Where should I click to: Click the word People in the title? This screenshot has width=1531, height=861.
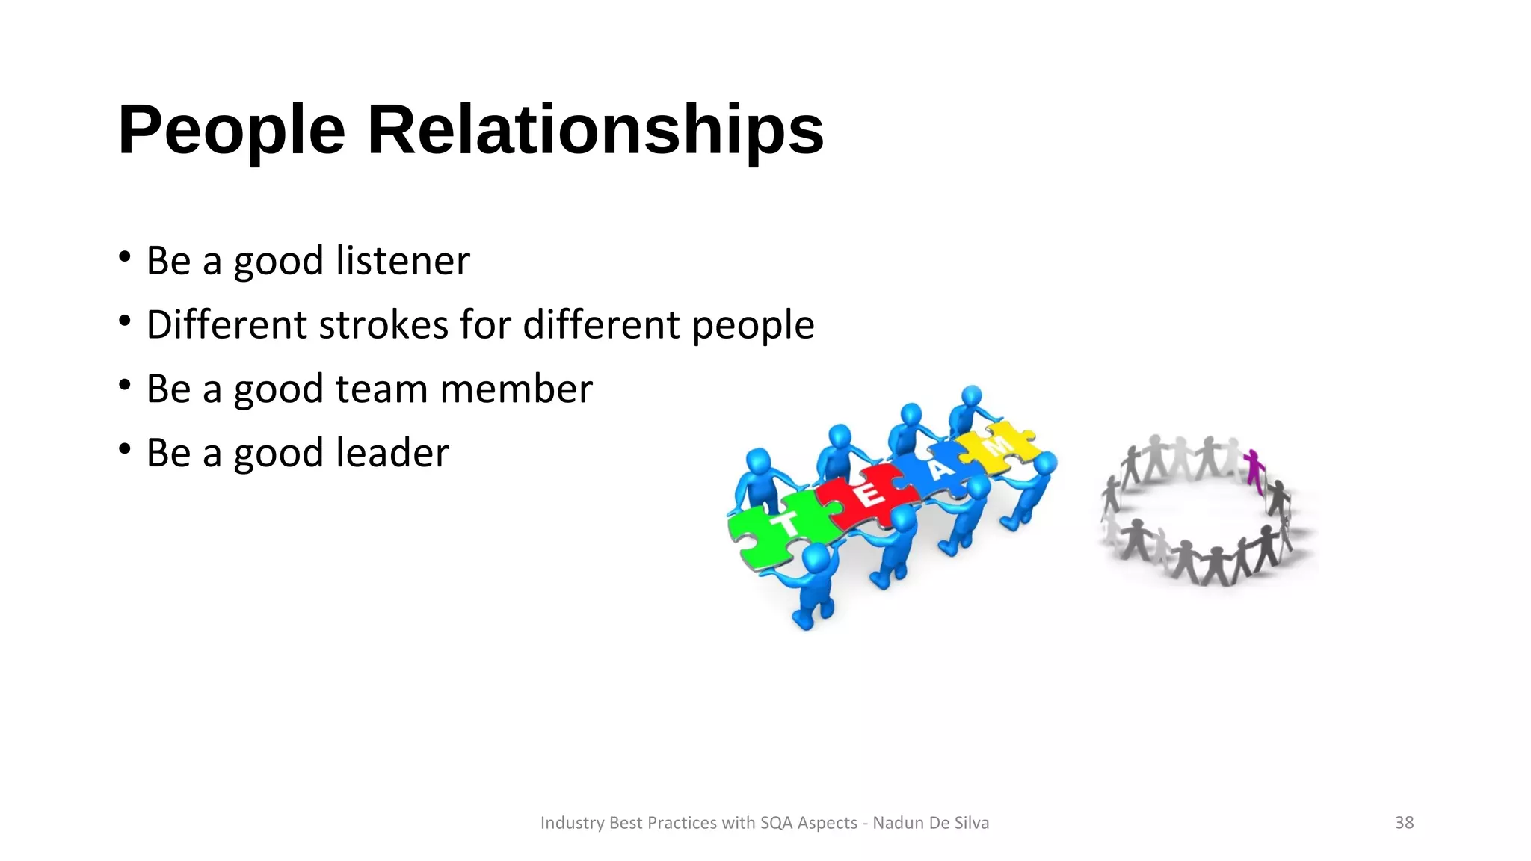coord(231,131)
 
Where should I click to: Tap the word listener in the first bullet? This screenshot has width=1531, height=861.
coord(403,261)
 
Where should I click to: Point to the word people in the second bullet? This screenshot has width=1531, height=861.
coord(752,327)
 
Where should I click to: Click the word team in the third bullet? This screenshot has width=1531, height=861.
coord(381,389)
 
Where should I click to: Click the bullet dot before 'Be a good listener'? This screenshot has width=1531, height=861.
coord(125,258)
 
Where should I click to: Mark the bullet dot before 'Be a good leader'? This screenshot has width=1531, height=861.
coord(125,450)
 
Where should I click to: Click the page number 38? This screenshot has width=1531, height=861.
coord(1404,823)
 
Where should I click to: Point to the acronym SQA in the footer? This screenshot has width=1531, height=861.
coord(777,823)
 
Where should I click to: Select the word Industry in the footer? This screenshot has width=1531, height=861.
coord(572,823)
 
